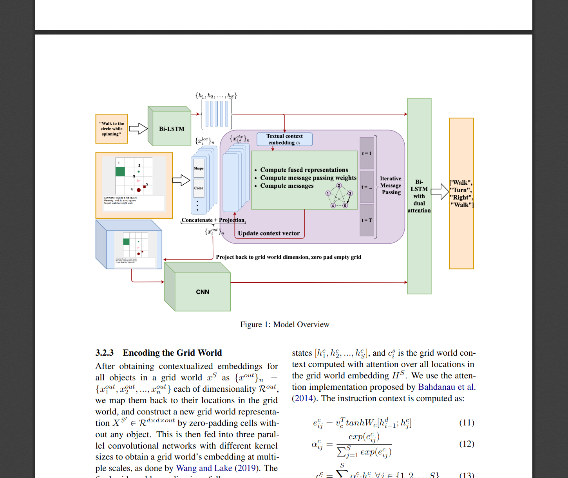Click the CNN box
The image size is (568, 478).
[x=203, y=292]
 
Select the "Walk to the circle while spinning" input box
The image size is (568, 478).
[x=112, y=129]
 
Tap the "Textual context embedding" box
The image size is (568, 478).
[x=284, y=140]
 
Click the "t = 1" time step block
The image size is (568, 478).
[x=367, y=153]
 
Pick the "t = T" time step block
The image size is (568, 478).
[x=367, y=220]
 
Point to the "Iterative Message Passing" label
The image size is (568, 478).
[x=391, y=185]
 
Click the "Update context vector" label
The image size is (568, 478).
[x=269, y=233]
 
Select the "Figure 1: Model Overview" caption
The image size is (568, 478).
[x=284, y=324]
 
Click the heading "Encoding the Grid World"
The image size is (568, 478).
[x=172, y=353]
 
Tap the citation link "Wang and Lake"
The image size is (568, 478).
[x=204, y=468]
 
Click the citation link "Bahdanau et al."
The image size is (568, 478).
[x=446, y=387]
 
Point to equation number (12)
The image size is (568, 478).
[x=467, y=443]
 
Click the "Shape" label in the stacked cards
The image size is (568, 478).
[x=199, y=168]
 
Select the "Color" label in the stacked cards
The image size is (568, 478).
[x=199, y=188]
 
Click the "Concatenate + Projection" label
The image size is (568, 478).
[x=213, y=220]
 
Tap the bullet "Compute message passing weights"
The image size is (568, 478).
[x=308, y=178]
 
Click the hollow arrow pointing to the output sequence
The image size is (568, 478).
[x=440, y=191]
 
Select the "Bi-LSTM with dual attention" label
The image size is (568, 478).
[x=419, y=196]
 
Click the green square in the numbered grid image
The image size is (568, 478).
[x=120, y=171]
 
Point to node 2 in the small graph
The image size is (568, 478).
[x=339, y=185]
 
